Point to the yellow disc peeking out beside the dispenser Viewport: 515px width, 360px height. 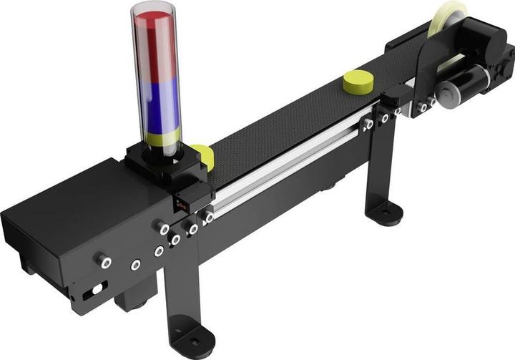click(x=205, y=155)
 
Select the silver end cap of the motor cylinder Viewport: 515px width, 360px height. click(x=452, y=91)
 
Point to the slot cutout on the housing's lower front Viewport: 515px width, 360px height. click(x=94, y=292)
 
